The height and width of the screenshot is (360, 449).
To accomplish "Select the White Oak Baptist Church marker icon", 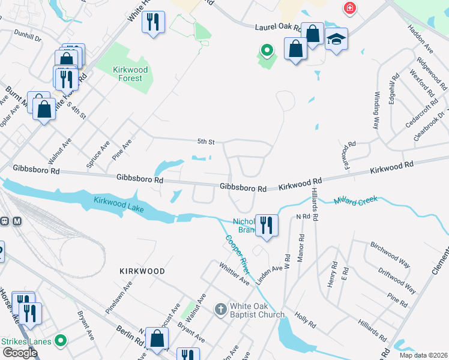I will point(221,310).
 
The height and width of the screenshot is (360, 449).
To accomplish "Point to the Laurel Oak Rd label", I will point(280,27).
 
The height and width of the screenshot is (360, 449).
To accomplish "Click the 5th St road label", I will point(206,142).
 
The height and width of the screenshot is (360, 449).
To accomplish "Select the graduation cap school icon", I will point(336,39).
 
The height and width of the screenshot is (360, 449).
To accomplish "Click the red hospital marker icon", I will point(349,8).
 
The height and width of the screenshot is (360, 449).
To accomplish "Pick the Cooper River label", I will point(239,252).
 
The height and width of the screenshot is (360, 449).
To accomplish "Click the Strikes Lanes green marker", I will point(59,341).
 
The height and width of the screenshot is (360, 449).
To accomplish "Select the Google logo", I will point(19,352).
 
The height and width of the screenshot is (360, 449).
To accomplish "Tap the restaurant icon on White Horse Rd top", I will point(154,23).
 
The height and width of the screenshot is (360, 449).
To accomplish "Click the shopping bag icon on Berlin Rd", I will point(157,338).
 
